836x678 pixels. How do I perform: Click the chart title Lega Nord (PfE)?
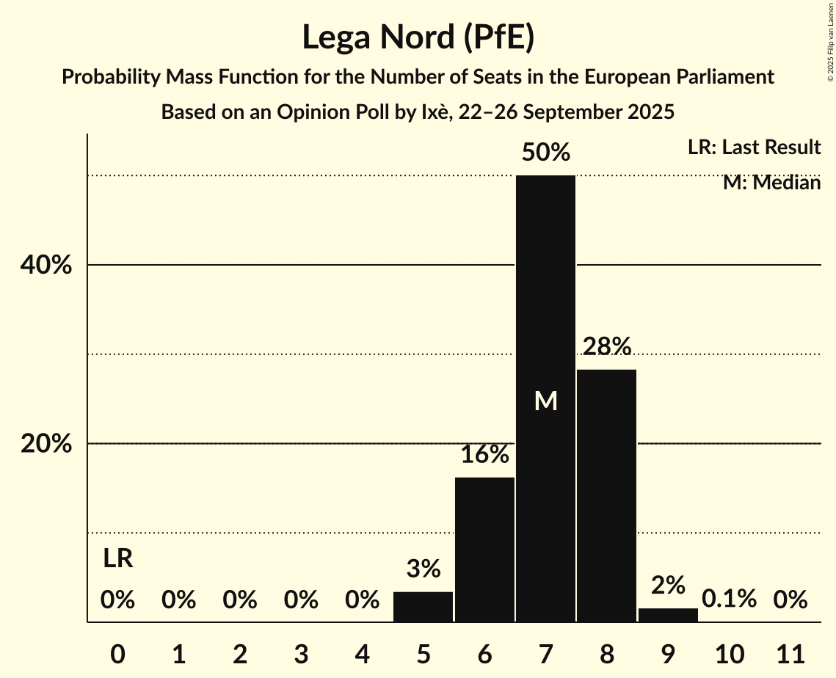(418, 37)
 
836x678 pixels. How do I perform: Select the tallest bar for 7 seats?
(545, 308)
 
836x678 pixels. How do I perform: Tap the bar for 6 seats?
(484, 550)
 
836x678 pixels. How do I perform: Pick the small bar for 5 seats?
(424, 607)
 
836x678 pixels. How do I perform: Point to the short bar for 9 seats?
(668, 615)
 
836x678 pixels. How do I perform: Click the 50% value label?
(545, 153)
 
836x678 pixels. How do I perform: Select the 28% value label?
(606, 346)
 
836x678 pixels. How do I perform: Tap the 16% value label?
(484, 455)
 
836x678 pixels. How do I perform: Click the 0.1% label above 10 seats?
(729, 599)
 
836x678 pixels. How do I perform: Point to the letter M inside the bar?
(545, 401)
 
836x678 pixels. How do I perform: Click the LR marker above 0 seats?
(117, 559)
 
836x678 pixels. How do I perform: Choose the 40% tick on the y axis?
(46, 266)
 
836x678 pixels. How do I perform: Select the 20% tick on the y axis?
(46, 444)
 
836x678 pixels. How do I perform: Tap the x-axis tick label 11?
(790, 653)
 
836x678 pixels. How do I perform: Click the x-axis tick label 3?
(301, 653)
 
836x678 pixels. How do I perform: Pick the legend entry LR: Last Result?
(754, 147)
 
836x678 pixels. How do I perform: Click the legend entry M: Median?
(771, 183)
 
